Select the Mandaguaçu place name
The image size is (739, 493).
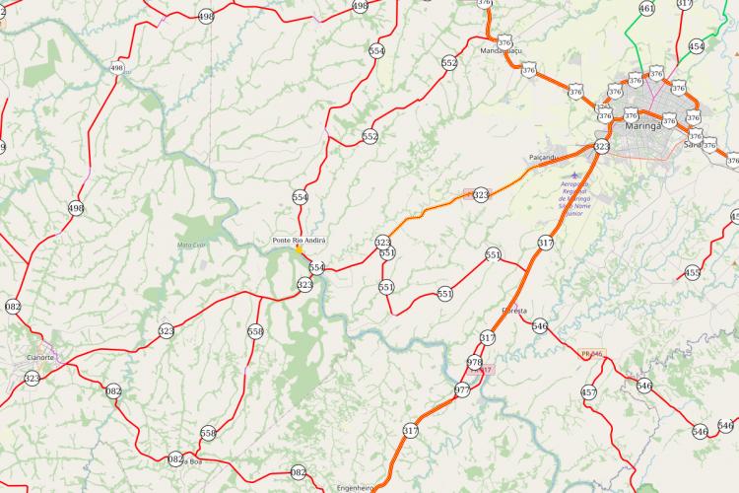[x=500, y=50]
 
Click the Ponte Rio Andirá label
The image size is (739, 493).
[x=299, y=241]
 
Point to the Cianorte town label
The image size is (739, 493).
[x=40, y=357]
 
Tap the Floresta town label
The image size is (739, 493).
[x=514, y=310]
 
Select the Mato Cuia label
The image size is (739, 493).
[x=192, y=244]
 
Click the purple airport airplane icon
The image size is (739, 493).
[x=574, y=175]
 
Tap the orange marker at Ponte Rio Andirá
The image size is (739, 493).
[x=299, y=249]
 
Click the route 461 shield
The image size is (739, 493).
[x=646, y=9]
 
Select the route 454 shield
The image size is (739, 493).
[x=697, y=46]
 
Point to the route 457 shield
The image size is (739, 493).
[x=589, y=392]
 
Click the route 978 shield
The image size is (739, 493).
[x=474, y=363]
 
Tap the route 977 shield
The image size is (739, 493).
[x=462, y=389]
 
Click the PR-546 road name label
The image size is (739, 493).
[x=591, y=352]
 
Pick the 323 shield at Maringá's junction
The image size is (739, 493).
[x=602, y=147]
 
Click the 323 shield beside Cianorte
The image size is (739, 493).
[x=33, y=378]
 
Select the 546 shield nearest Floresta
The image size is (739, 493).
[x=539, y=325]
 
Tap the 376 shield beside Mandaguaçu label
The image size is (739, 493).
[x=504, y=43]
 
